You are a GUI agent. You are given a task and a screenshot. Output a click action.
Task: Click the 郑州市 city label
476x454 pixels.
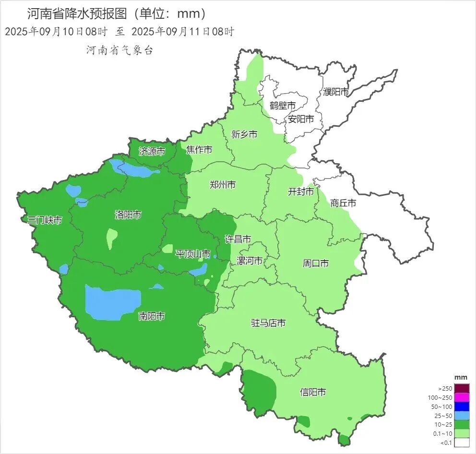click(223, 184)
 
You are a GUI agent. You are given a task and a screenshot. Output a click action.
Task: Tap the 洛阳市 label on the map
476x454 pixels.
click(128, 215)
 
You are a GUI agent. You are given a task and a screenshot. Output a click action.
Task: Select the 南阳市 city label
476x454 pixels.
click(152, 316)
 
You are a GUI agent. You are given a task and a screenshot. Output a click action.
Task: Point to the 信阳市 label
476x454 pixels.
click(313, 392)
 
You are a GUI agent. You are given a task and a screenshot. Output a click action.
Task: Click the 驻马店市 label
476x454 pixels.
click(268, 323)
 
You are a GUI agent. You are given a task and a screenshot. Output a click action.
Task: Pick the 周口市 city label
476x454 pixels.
click(316, 263)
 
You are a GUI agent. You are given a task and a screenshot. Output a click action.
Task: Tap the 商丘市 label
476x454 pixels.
click(343, 203)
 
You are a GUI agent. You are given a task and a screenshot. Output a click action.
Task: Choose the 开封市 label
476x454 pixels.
click(300, 192)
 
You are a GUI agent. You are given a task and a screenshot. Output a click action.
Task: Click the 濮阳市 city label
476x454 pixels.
click(336, 92)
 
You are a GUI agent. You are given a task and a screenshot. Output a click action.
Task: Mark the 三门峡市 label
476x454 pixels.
click(45, 220)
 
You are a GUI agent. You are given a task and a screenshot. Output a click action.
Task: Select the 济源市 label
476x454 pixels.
click(152, 152)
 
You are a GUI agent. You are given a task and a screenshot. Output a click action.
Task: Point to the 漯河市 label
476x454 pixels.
click(250, 261)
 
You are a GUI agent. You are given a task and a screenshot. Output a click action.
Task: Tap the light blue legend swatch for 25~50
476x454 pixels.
click(462, 416)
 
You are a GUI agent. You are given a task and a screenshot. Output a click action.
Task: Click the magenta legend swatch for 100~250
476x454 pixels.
click(462, 397)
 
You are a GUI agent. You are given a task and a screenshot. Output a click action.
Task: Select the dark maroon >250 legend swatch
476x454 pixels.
click(462, 388)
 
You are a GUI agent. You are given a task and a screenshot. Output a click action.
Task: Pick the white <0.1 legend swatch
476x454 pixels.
click(462, 442)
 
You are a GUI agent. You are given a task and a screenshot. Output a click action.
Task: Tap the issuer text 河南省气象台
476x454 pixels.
click(119, 50)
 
